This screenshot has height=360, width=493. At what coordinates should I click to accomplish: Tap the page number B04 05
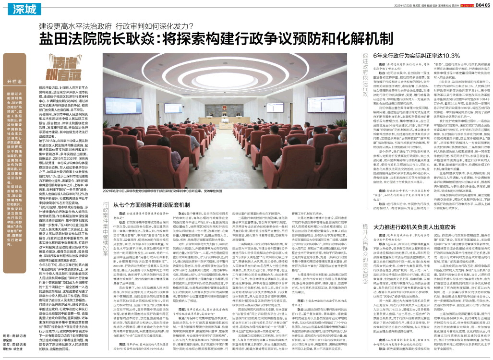pyautogui.click(x=480, y=5)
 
